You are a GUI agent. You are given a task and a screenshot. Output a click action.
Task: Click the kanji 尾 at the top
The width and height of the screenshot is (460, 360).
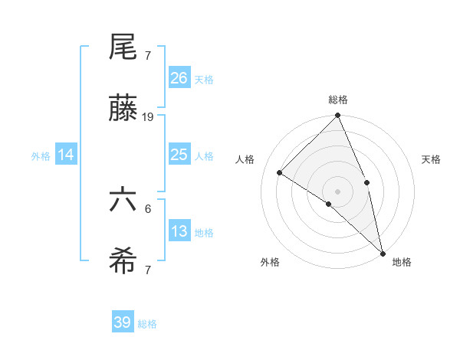[123, 48]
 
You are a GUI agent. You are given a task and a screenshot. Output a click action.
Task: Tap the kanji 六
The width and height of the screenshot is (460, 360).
[123, 201]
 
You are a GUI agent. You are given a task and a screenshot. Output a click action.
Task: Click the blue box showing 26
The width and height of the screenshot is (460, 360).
[179, 78]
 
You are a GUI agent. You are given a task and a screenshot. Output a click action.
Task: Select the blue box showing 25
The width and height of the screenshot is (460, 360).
[179, 155]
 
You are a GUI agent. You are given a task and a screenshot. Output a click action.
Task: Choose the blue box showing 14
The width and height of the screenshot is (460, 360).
[66, 155]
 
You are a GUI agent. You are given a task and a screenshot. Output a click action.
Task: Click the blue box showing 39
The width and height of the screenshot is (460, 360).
[123, 322]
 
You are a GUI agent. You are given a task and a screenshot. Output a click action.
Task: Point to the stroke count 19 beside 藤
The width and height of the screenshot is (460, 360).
[149, 117]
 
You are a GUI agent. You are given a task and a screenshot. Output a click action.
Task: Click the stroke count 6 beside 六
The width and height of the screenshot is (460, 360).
[148, 208]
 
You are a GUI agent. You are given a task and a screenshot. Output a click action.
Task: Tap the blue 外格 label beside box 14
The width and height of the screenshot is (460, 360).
[41, 156]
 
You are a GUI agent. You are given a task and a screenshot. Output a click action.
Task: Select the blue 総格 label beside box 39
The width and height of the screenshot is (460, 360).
[147, 324]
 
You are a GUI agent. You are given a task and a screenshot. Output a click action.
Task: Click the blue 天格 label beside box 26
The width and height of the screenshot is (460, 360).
[204, 80]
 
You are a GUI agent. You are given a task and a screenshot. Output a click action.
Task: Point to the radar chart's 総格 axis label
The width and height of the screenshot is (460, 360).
[338, 100]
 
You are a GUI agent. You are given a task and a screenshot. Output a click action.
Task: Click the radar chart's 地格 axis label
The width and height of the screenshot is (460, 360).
[402, 262]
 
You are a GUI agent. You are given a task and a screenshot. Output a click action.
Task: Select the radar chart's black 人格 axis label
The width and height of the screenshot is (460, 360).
[245, 159]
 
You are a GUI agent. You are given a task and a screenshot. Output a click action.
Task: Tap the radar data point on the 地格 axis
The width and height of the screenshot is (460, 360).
[383, 252]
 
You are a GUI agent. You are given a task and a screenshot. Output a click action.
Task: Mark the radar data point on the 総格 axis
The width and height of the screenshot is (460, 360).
[338, 116]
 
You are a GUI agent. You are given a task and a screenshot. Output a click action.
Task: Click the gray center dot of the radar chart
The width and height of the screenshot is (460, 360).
[338, 191]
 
